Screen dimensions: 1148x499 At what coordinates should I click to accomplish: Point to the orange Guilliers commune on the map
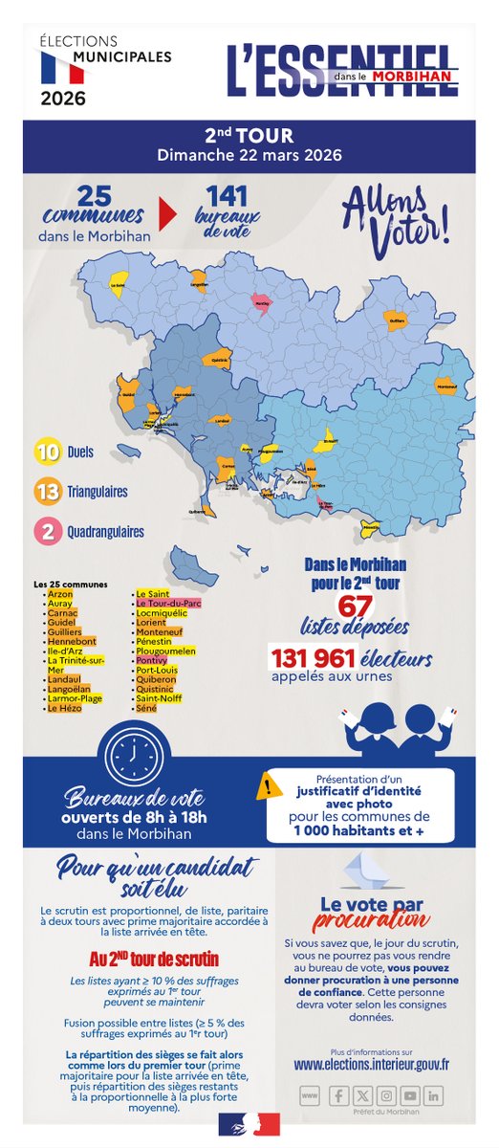[396, 320]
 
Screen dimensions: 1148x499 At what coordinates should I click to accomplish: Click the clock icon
[128, 744]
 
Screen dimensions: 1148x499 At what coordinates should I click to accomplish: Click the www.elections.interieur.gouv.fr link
[372, 1063]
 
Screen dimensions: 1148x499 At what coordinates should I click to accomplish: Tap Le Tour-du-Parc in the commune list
[168, 604]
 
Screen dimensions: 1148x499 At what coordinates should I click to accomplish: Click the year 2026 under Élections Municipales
[62, 98]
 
